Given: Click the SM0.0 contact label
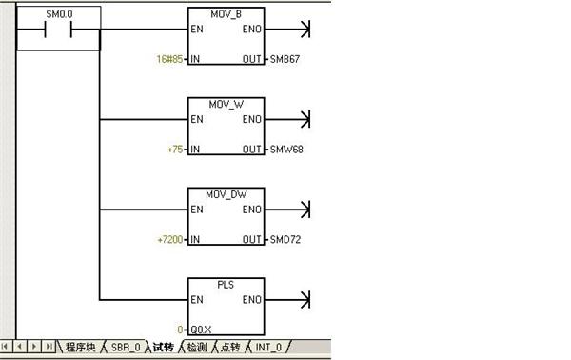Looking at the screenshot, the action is [59, 14].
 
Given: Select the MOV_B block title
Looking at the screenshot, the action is [226, 14].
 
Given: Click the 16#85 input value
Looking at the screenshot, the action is [169, 59].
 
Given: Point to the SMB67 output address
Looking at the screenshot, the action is [285, 59].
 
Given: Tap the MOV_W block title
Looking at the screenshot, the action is [226, 105].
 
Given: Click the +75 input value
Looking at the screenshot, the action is [175, 150].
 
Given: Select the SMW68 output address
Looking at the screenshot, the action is [286, 150].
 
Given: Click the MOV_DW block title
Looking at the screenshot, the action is [226, 194].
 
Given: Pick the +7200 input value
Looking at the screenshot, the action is [170, 239].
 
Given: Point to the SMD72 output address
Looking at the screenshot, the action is [285, 239].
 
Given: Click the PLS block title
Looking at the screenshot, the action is [226, 285].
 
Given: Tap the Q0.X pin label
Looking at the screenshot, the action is [201, 330].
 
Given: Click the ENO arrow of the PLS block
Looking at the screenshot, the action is [287, 300].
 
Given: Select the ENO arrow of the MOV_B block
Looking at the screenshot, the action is [287, 30].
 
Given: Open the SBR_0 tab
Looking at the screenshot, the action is [126, 348].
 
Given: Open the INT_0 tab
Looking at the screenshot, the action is [268, 348].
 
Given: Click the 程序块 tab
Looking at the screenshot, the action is [81, 347].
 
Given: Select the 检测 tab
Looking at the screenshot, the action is [197, 347].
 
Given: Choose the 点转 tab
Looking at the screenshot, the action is [230, 347].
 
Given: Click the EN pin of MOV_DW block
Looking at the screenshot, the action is [197, 210].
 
